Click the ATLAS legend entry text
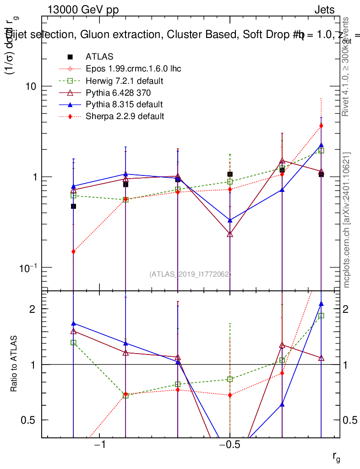[99, 57]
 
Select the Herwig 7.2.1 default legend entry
[125, 81]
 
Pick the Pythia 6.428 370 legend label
[118, 93]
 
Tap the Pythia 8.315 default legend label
[124, 104]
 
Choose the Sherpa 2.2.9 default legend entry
[125, 116]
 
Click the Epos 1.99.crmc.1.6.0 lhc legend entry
[133, 69]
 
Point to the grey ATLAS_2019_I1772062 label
[190, 274]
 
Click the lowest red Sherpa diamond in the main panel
[73, 251]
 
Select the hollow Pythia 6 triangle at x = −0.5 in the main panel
[230, 234]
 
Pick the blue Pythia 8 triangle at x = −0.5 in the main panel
[230, 220]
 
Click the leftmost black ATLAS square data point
[73, 206]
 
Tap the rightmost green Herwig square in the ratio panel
[321, 316]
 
